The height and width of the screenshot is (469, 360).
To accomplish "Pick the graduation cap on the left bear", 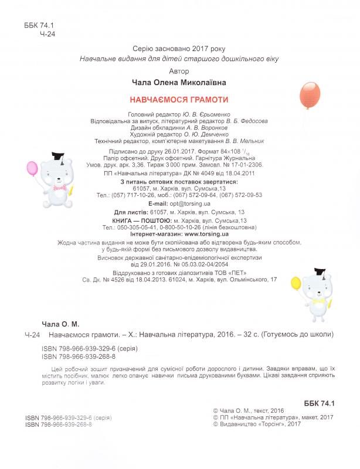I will [58, 157].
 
